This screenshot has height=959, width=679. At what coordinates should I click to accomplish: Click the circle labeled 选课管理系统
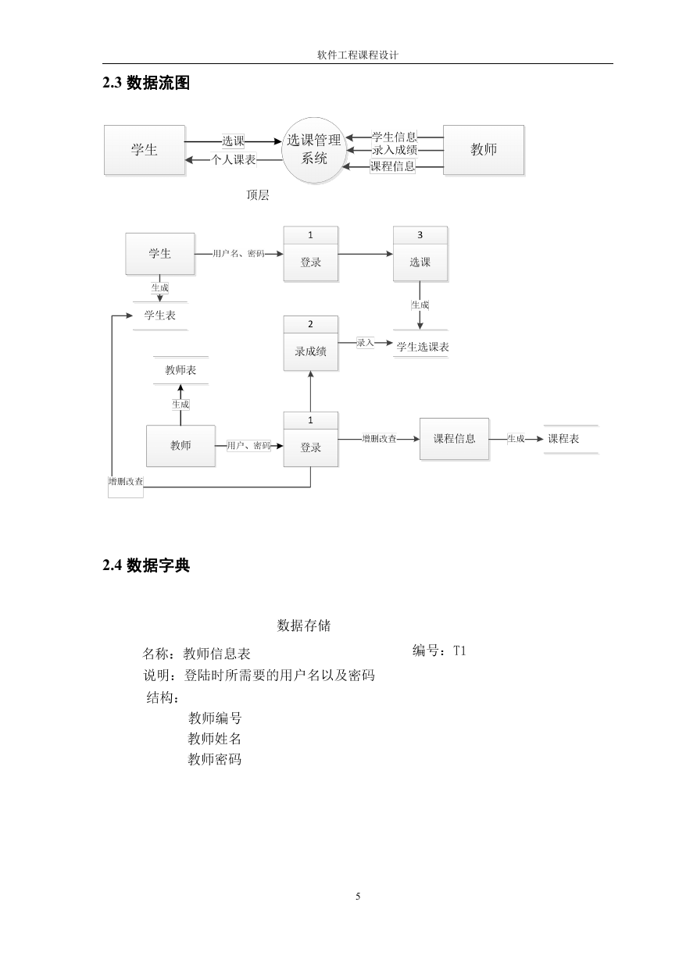pos(314,150)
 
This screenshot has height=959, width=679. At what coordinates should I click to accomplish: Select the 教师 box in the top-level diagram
pos(483,150)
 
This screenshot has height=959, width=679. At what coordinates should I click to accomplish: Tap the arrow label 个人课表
pos(234,160)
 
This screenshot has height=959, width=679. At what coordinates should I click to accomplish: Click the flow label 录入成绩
pos(395,150)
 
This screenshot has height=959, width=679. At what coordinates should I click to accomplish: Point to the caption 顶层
pos(258,195)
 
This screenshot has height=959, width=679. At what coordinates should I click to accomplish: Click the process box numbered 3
pos(420,254)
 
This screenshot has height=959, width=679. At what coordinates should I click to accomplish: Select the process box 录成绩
pos(310,344)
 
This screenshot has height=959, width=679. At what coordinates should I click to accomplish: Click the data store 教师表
pos(180,370)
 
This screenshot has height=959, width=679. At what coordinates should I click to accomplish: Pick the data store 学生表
pos(160,316)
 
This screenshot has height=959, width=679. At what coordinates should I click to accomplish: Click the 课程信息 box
pos(454,439)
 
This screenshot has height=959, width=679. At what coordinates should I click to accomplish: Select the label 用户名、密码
pos(238,254)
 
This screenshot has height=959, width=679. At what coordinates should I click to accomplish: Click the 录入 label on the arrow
pos(365,343)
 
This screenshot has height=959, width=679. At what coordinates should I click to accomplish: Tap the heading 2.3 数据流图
pos(146,83)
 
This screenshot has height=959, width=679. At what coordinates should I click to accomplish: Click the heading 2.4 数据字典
pos(146,565)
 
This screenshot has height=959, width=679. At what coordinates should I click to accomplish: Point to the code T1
pos(459,651)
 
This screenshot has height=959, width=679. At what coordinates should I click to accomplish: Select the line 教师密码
pos(215,759)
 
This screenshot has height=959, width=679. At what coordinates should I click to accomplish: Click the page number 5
pos(358,896)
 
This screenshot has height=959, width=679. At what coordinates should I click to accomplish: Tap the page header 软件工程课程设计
pos(358,55)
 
